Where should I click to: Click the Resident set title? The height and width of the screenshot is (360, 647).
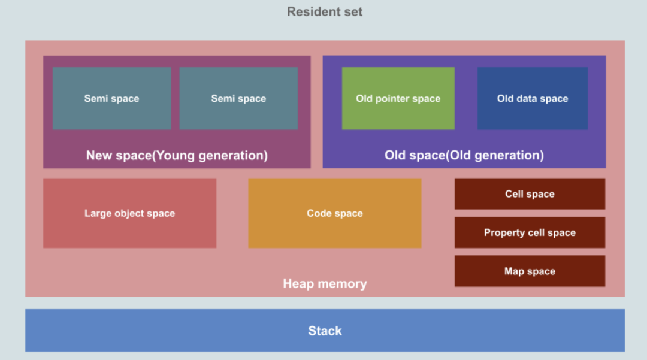[325, 12]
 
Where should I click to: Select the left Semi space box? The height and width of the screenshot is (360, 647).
[111, 98]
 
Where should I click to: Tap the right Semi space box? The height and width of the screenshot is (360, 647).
[238, 98]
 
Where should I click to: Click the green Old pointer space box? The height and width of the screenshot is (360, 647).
[398, 98]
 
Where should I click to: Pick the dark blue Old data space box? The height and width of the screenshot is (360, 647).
[532, 98]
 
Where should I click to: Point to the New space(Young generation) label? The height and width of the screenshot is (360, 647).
[177, 156]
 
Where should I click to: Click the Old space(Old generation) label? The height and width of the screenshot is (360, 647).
[464, 156]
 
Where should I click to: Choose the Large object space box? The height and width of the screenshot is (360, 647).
[129, 213]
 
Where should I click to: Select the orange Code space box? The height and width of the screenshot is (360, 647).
[334, 213]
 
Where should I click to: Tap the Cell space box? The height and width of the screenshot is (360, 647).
[530, 194]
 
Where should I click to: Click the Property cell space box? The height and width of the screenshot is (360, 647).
[530, 232]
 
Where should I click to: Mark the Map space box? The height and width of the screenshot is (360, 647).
[530, 271]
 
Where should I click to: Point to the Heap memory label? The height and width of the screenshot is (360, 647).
[325, 283]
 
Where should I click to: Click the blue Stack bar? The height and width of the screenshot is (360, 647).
[325, 331]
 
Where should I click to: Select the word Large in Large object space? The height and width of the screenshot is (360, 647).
[98, 213]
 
